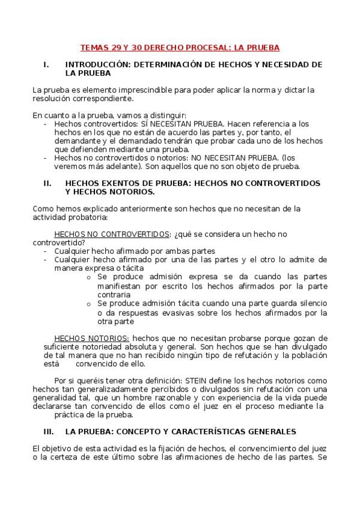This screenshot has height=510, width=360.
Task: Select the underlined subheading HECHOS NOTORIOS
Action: point(91,338)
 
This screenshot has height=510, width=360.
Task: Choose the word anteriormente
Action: point(139,208)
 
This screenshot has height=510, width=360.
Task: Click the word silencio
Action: point(310,304)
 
